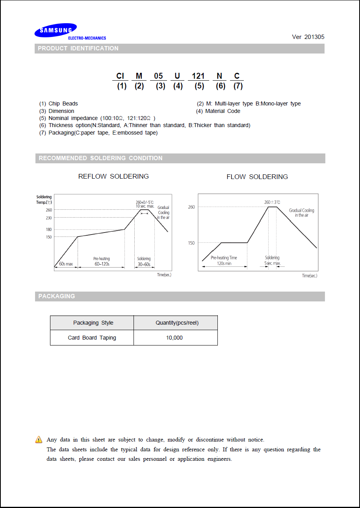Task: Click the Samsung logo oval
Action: (56, 30)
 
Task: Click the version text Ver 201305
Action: (308, 37)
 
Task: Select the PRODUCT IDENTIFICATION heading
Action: (78, 48)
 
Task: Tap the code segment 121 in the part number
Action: (198, 76)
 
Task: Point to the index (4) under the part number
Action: (178, 86)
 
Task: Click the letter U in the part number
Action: (177, 76)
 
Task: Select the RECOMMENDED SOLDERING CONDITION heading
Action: (100, 158)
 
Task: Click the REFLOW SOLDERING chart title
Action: (113, 176)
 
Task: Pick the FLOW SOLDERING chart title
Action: (257, 177)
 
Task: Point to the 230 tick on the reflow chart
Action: (49, 218)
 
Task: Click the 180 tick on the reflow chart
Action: (49, 229)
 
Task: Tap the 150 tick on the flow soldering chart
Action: (191, 243)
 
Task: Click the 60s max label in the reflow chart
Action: (66, 264)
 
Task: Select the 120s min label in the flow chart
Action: (224, 263)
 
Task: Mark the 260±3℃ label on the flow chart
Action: (272, 202)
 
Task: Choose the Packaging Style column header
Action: (93, 323)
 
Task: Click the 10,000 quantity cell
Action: (174, 338)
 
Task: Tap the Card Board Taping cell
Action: (92, 338)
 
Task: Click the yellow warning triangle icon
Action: (39, 440)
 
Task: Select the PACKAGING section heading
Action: (56, 296)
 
